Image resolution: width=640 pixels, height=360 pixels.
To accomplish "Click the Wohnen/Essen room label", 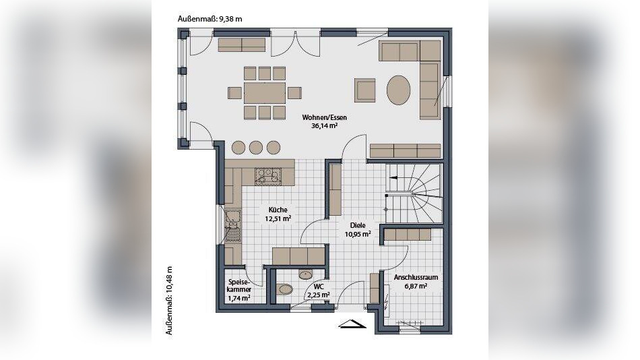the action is [325, 117].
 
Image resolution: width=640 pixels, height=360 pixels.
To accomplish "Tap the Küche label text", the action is [278, 210].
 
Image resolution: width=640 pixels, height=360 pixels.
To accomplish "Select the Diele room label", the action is [358, 225].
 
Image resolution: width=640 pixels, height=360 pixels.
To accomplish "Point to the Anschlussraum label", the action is [416, 278].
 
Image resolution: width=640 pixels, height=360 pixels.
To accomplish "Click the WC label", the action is [319, 287].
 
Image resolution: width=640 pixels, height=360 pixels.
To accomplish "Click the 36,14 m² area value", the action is [325, 126].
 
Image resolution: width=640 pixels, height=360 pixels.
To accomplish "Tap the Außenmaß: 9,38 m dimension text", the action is [210, 19].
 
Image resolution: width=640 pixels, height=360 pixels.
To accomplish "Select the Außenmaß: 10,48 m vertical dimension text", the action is [169, 301].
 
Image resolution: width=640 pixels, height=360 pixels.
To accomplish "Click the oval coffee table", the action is [398, 90].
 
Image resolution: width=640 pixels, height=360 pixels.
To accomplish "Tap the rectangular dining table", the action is [265, 93].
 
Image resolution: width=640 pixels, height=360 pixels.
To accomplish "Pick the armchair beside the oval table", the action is [364, 90].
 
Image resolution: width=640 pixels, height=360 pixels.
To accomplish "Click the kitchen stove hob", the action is [268, 177].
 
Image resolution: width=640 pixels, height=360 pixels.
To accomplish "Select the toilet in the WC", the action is [284, 289].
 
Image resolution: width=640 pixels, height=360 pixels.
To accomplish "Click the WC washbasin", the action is [305, 274].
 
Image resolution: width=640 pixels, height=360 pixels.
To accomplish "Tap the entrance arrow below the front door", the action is [352, 324].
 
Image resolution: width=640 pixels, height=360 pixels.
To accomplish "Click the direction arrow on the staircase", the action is [393, 178].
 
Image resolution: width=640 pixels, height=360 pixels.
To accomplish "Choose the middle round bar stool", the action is [256, 147].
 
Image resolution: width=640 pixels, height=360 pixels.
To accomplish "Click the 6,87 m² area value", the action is [416, 286].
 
